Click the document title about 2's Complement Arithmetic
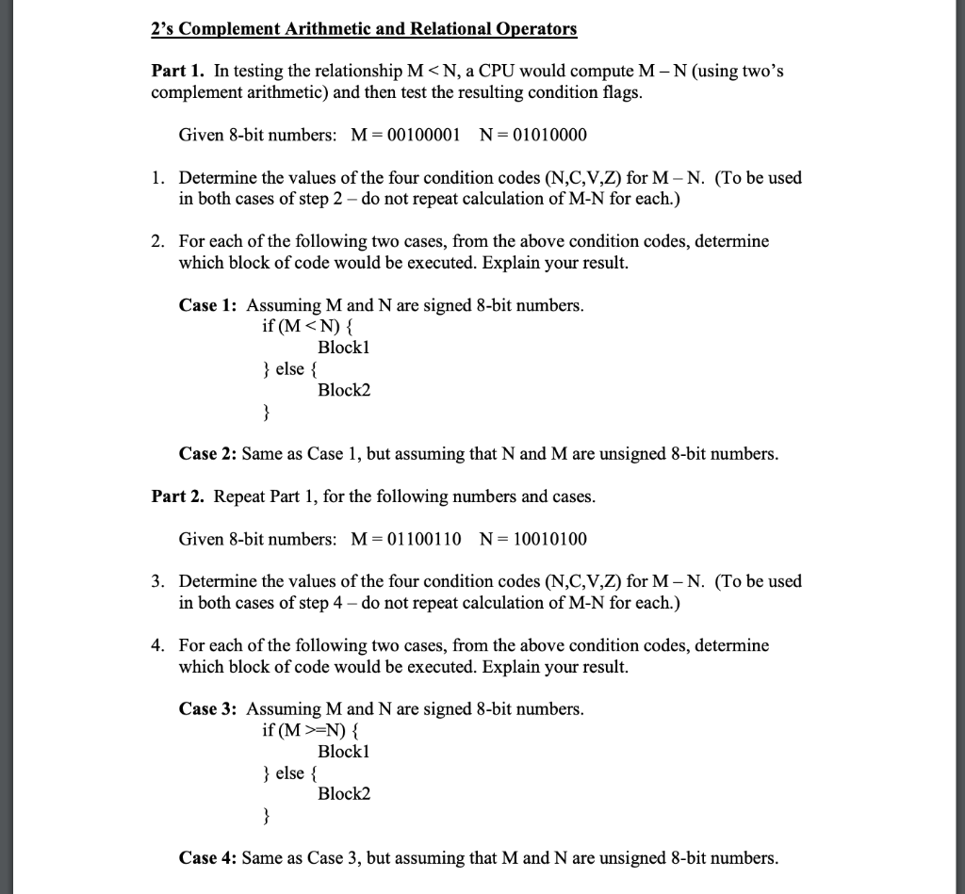pos(364,28)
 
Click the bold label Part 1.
pos(179,72)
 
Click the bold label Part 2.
pos(179,496)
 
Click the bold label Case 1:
pos(208,305)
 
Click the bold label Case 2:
pos(208,454)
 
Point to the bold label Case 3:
pos(208,708)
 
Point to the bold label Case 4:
pos(208,857)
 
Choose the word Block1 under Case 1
pos(344,348)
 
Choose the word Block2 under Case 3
pos(344,793)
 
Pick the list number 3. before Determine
pos(159,581)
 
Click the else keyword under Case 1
pos(290,368)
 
